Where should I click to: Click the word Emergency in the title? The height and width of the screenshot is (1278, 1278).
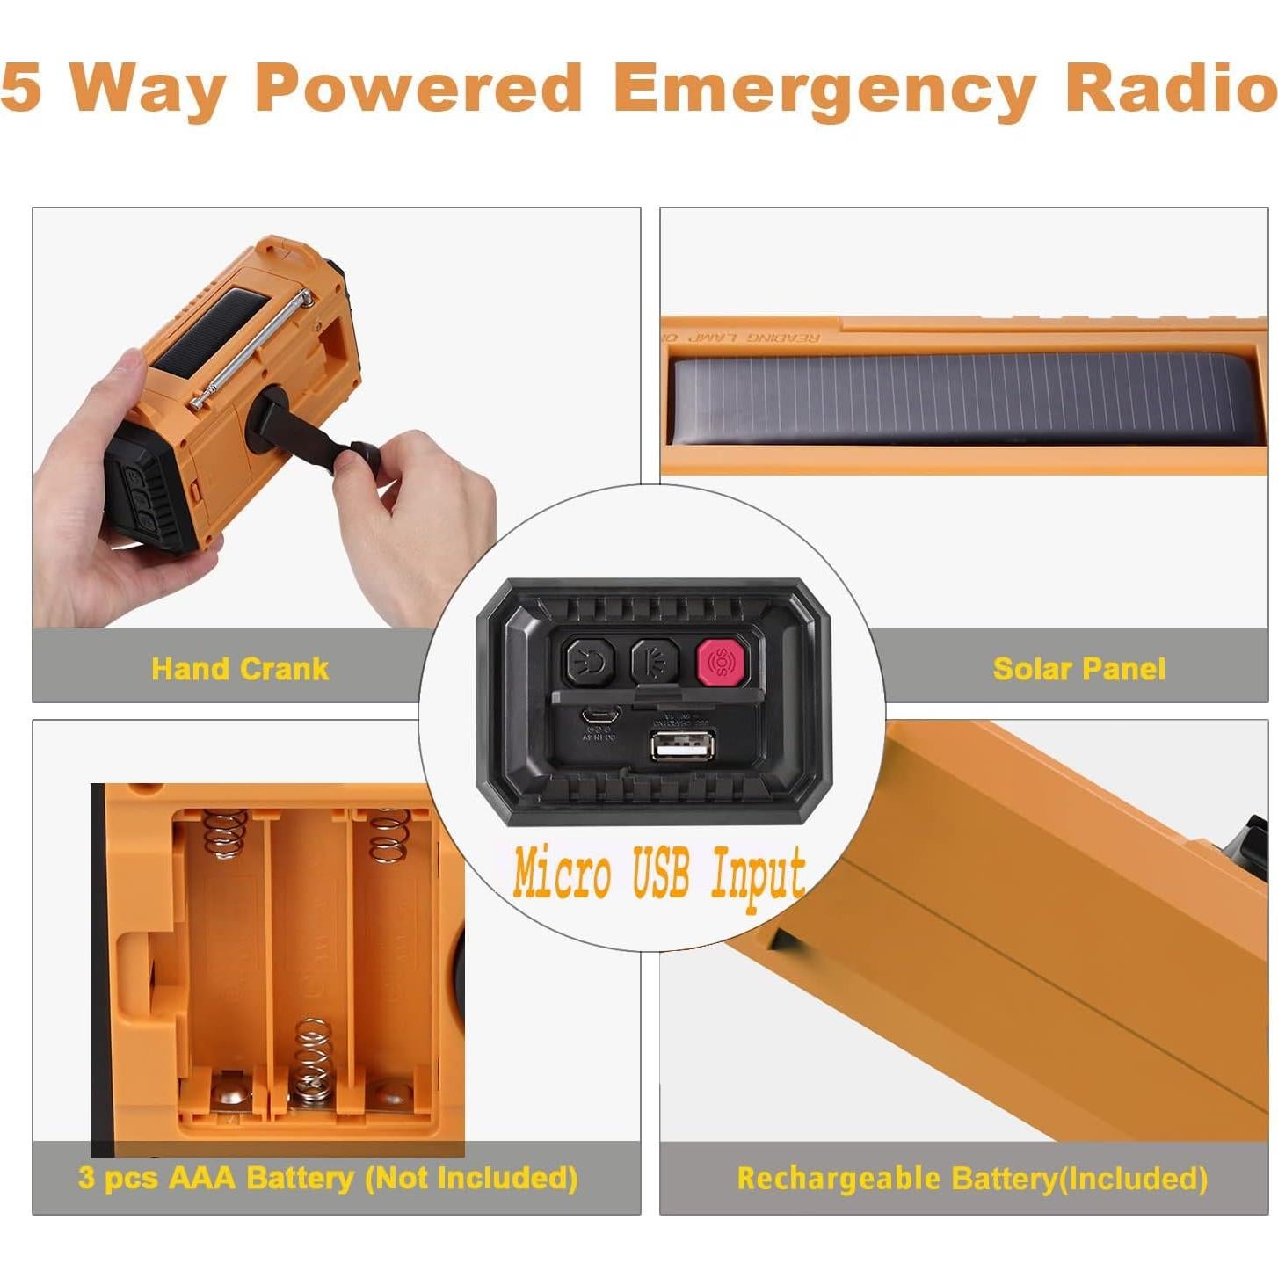(x=824, y=90)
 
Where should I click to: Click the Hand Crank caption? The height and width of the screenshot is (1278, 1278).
(x=239, y=669)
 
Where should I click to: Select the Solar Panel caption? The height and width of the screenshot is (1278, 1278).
(x=1078, y=669)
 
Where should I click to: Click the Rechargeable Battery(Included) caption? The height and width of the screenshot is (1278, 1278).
(x=972, y=1179)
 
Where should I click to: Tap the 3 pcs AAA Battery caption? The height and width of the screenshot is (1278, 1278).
(x=327, y=1178)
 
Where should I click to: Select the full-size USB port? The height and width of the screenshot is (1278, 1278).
(x=682, y=746)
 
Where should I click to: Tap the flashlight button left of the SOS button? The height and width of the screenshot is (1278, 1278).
(x=654, y=661)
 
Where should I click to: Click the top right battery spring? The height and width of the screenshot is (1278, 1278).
(x=389, y=835)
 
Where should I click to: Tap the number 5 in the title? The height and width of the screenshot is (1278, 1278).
(x=21, y=88)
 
